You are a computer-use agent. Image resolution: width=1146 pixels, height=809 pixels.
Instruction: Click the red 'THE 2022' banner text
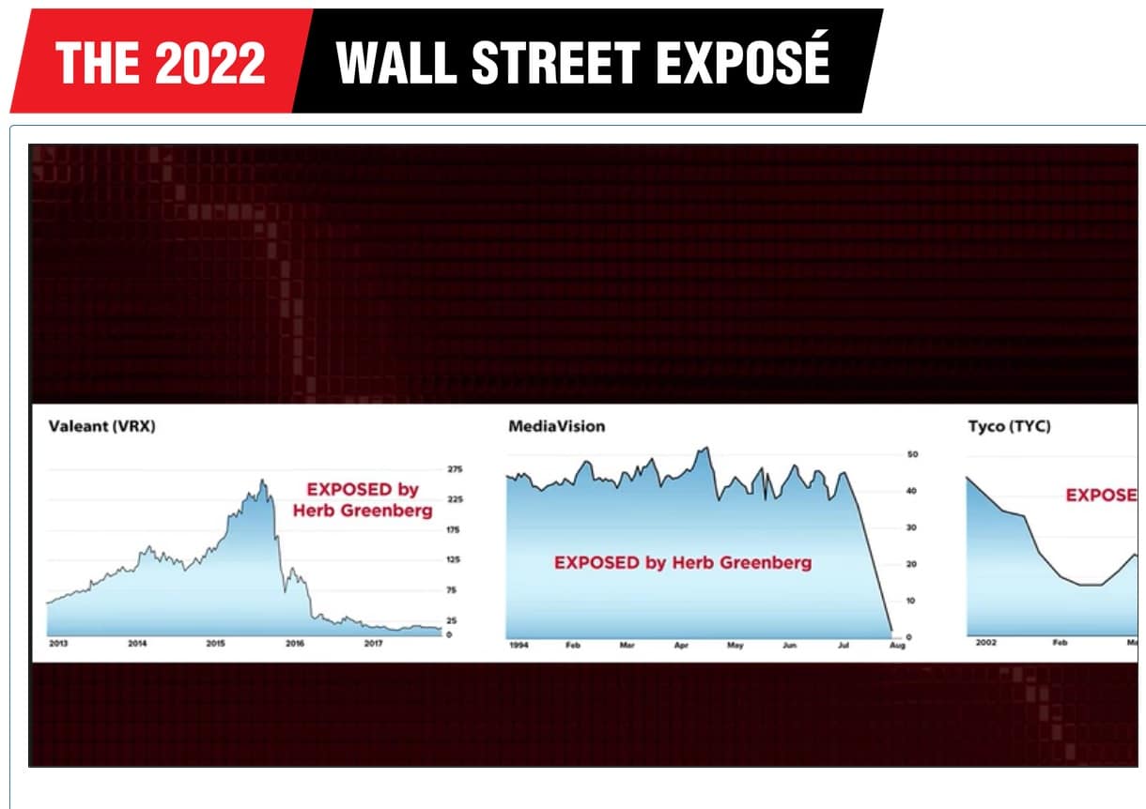pyautogui.click(x=160, y=63)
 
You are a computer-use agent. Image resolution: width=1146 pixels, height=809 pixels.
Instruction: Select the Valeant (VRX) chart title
pyautogui.click(x=101, y=427)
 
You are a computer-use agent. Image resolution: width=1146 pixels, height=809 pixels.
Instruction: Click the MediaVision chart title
pyautogui.click(x=556, y=427)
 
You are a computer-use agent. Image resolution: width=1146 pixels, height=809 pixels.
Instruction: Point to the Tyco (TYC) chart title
pyautogui.click(x=1009, y=427)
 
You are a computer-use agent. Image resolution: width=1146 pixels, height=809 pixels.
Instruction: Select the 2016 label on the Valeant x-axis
pyautogui.click(x=294, y=644)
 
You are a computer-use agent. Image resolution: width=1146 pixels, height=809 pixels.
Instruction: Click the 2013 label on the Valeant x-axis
pyautogui.click(x=58, y=644)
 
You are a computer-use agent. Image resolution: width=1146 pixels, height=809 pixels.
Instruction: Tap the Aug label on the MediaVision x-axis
pyautogui.click(x=897, y=647)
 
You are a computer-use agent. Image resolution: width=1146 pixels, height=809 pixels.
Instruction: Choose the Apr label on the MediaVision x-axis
pyautogui.click(x=681, y=647)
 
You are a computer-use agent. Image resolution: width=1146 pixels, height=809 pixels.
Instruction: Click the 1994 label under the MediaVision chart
pyautogui.click(x=519, y=647)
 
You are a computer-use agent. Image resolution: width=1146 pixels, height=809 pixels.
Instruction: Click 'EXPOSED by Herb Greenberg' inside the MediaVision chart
pyautogui.click(x=683, y=563)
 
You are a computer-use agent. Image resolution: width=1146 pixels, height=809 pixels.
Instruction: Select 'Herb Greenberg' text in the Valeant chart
pyautogui.click(x=363, y=511)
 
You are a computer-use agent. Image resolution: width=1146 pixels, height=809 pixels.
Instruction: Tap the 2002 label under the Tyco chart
pyautogui.click(x=986, y=644)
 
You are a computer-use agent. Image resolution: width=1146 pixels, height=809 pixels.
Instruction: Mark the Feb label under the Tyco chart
pyautogui.click(x=1060, y=644)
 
